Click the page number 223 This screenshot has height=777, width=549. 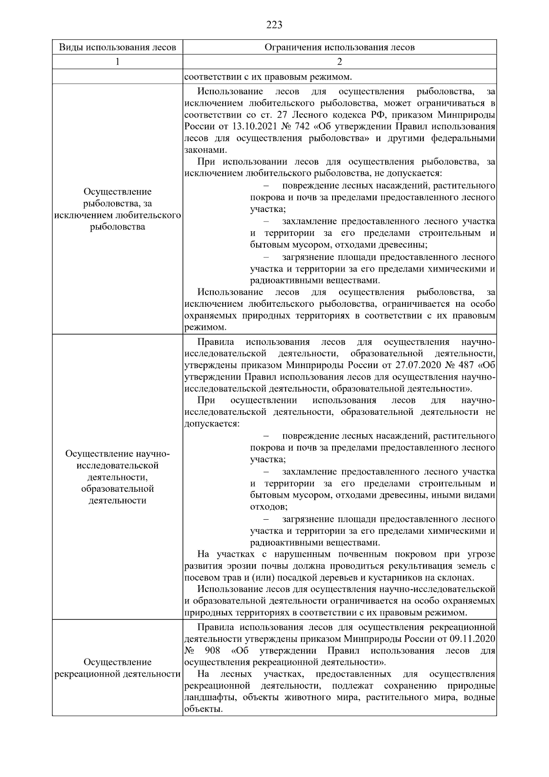[x=274, y=25]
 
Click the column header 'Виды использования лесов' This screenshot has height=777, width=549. [x=118, y=48]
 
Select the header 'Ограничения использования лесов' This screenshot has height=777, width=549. [x=339, y=48]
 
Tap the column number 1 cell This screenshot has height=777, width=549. [x=118, y=62]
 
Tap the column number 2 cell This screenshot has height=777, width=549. [x=339, y=62]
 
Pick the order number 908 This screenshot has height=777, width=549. [x=212, y=651]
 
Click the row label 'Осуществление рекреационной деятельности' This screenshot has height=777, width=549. [x=118, y=668]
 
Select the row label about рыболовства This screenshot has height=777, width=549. [x=118, y=209]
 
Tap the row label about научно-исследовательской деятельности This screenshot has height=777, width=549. [x=118, y=477]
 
